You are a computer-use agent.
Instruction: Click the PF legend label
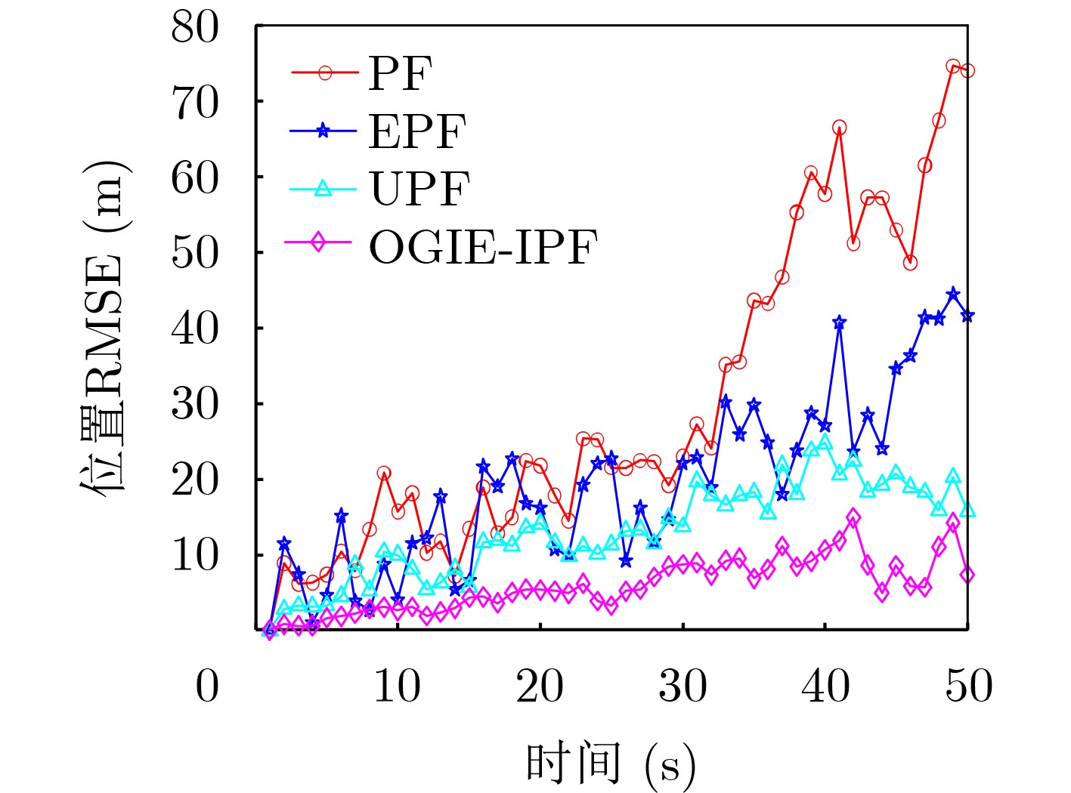click(400, 73)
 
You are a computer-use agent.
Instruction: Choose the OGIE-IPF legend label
click(483, 246)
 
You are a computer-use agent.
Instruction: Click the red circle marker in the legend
click(325, 73)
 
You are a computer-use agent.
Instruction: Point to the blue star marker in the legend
click(323, 131)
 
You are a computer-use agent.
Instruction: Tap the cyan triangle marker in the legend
click(323, 188)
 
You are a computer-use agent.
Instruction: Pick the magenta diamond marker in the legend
click(318, 243)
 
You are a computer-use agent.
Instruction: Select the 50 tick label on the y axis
click(195, 252)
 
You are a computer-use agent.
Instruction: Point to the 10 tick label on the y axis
click(195, 555)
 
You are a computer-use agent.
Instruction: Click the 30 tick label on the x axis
click(683, 687)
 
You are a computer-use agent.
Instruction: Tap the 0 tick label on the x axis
click(207, 687)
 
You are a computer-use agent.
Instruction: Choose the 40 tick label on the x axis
click(825, 687)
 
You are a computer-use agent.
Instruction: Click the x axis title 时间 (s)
click(610, 764)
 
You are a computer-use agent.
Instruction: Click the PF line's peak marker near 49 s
click(953, 66)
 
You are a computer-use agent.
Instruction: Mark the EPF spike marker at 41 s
click(839, 322)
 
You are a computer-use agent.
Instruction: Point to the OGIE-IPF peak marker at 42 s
click(853, 517)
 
